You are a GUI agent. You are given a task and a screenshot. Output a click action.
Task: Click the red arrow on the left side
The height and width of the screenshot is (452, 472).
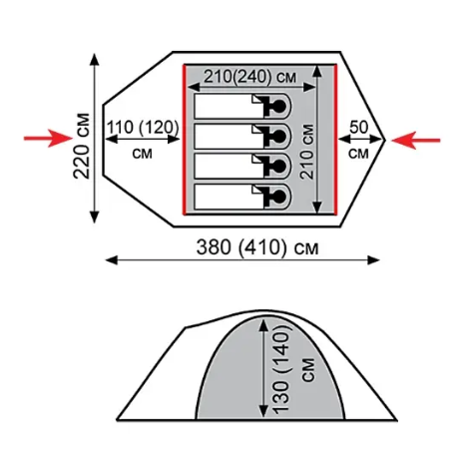(48, 139)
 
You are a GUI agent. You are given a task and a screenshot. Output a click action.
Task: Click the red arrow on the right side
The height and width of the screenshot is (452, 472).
(416, 140)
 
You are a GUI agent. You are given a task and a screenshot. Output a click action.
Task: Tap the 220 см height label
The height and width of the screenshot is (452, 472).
(82, 146)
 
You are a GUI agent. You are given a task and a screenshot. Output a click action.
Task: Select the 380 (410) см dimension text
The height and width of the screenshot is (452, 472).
(257, 247)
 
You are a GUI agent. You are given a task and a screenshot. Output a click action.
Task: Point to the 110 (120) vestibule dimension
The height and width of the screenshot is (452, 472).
(143, 128)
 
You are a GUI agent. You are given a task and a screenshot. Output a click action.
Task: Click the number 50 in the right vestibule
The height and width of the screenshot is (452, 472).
(359, 127)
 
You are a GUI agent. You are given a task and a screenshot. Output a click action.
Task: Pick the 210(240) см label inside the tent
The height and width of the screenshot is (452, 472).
(249, 77)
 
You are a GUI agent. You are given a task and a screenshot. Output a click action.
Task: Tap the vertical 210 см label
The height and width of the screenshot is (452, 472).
(306, 152)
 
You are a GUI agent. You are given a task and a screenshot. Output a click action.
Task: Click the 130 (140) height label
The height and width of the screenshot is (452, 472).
(281, 370)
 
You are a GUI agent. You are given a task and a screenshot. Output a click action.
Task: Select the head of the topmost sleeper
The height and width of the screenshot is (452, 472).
(278, 106)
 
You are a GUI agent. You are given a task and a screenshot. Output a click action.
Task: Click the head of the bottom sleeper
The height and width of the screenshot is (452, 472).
(278, 197)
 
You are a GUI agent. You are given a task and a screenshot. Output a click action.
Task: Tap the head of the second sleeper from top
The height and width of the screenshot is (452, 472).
(278, 136)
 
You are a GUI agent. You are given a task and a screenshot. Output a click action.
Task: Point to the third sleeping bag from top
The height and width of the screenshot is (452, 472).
(242, 167)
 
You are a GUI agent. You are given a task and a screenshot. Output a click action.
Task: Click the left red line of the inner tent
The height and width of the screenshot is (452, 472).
(184, 140)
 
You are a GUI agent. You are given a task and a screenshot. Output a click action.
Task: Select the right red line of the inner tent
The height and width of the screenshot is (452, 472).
(336, 140)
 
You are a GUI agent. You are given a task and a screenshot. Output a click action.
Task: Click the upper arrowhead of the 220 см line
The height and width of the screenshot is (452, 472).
(95, 59)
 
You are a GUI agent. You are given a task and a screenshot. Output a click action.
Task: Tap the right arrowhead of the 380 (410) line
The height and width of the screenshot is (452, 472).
(373, 260)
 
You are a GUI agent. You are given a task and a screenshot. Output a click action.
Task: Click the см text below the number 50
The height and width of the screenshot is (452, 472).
(358, 154)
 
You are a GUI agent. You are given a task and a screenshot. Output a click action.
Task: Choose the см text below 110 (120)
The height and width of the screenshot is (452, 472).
(143, 154)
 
